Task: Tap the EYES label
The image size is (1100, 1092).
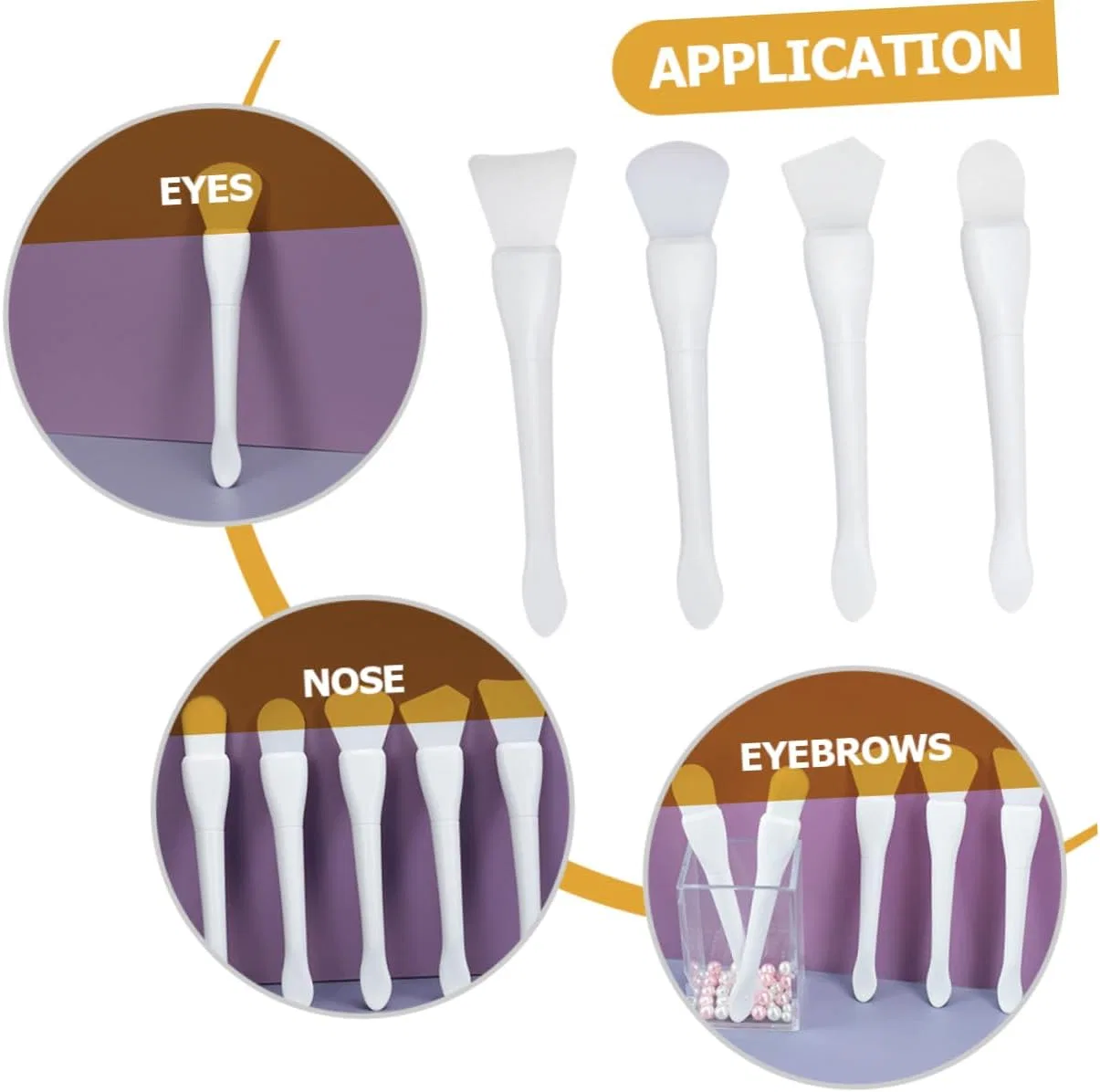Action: [206, 190]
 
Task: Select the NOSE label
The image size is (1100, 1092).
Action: [353, 681]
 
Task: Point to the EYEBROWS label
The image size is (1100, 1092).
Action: [845, 752]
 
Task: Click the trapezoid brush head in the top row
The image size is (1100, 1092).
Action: [522, 197]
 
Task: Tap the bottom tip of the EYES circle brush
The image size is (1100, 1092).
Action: [226, 487]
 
